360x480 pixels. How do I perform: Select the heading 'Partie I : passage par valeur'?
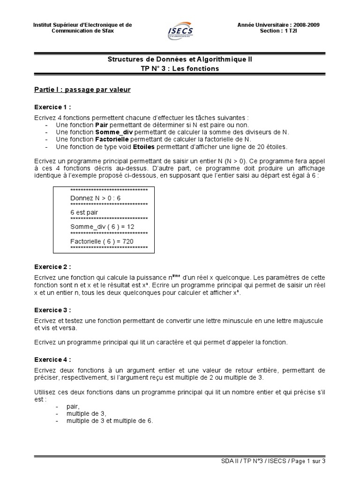[82, 90]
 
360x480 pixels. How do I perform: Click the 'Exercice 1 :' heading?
[52, 107]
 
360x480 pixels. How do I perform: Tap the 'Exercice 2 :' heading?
[52, 267]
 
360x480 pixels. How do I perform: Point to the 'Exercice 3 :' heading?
[52, 310]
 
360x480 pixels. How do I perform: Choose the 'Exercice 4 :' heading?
[52, 360]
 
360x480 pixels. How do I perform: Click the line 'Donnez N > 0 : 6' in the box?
[95, 198]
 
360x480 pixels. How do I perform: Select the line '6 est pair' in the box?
[84, 212]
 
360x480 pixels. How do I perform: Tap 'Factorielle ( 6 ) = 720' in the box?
[102, 241]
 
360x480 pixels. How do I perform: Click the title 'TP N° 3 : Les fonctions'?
[180, 68]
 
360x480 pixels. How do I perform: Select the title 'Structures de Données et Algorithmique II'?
[180, 60]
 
